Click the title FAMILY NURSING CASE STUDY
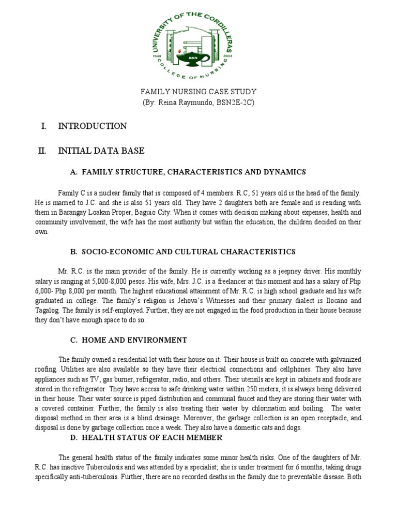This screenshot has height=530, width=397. pyautogui.click(x=198, y=92)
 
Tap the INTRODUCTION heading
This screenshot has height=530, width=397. pyautogui.click(x=93, y=126)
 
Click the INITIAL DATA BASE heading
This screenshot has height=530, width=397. pyautogui.click(x=101, y=151)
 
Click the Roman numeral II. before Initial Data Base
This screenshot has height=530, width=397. pyautogui.click(x=42, y=151)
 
